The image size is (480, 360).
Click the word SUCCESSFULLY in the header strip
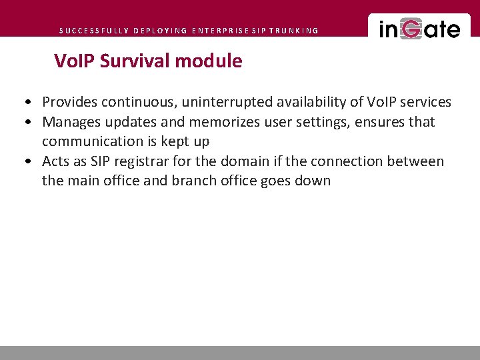pyautogui.click(x=93, y=31)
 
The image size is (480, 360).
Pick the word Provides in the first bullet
pyautogui.click(x=69, y=102)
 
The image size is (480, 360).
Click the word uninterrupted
pyautogui.click(x=219, y=102)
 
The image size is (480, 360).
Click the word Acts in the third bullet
pyautogui.click(x=55, y=161)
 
